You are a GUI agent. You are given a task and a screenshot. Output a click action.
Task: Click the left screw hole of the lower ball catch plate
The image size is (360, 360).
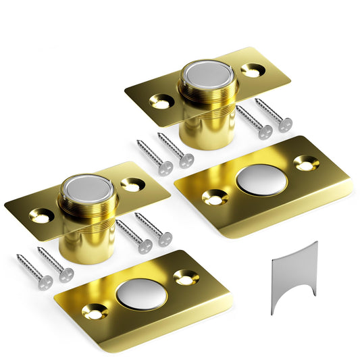pyautogui.click(x=41, y=217)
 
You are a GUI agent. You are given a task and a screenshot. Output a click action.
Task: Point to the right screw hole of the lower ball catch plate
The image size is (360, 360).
pyautogui.click(x=131, y=183)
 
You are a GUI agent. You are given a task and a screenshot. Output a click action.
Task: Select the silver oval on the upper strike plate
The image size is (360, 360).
pyautogui.click(x=262, y=180)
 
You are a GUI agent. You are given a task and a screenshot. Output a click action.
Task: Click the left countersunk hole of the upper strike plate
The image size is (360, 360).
pyautogui.click(x=215, y=199)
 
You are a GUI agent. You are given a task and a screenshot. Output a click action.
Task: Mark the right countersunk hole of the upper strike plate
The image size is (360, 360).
pyautogui.click(x=307, y=162)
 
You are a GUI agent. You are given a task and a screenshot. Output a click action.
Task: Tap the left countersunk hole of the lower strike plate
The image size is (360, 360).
pyautogui.click(x=94, y=312)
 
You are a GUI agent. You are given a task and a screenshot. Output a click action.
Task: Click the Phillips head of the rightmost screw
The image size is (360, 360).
pyautogui.click(x=285, y=125)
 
